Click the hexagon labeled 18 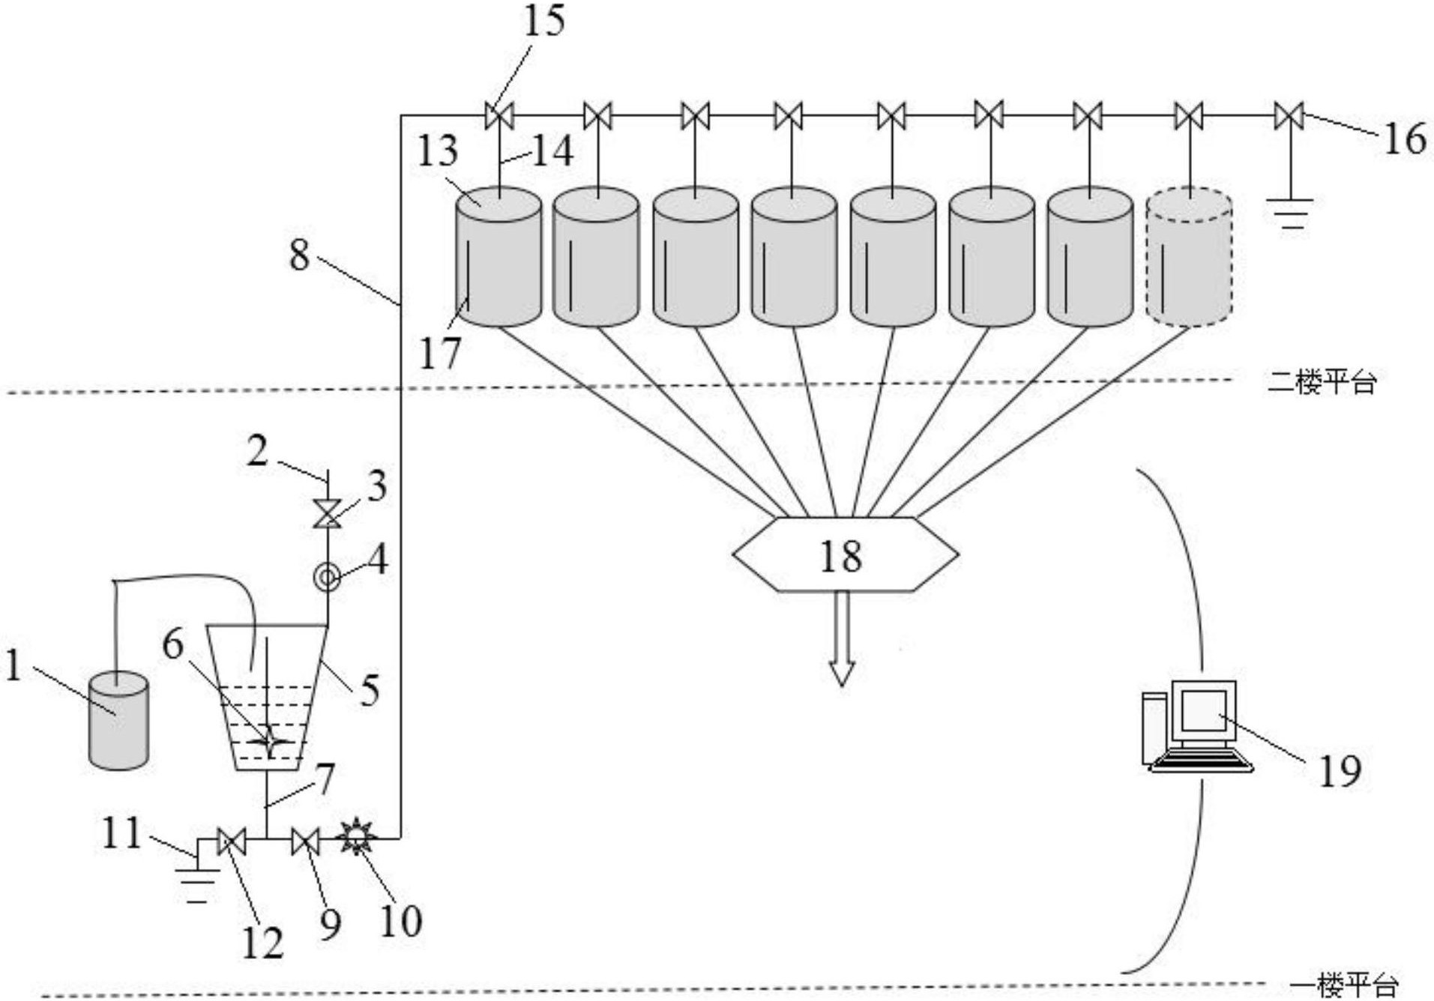(x=844, y=554)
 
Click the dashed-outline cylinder (x=1189, y=258)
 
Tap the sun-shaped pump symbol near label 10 (x=356, y=837)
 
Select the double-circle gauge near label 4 (x=327, y=577)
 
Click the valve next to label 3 (x=327, y=514)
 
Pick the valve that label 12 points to (x=226, y=841)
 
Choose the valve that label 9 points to (x=305, y=841)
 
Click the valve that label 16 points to (x=1289, y=116)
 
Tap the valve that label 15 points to (x=498, y=116)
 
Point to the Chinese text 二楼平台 (x=1322, y=382)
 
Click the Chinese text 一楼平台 (x=1344, y=985)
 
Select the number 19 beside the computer (x=1340, y=769)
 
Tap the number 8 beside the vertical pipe (x=299, y=255)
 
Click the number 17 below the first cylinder (x=439, y=352)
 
